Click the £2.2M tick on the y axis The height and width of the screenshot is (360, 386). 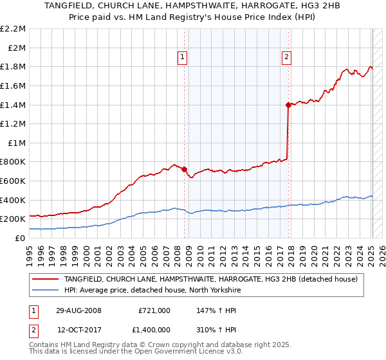(x=13, y=29)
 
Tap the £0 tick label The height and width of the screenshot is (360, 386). (x=21, y=238)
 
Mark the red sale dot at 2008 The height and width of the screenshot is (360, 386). (x=185, y=170)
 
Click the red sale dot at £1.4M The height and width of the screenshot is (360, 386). (x=288, y=105)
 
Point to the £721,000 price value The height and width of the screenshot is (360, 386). (x=154, y=310)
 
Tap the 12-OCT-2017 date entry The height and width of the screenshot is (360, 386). (x=76, y=330)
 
